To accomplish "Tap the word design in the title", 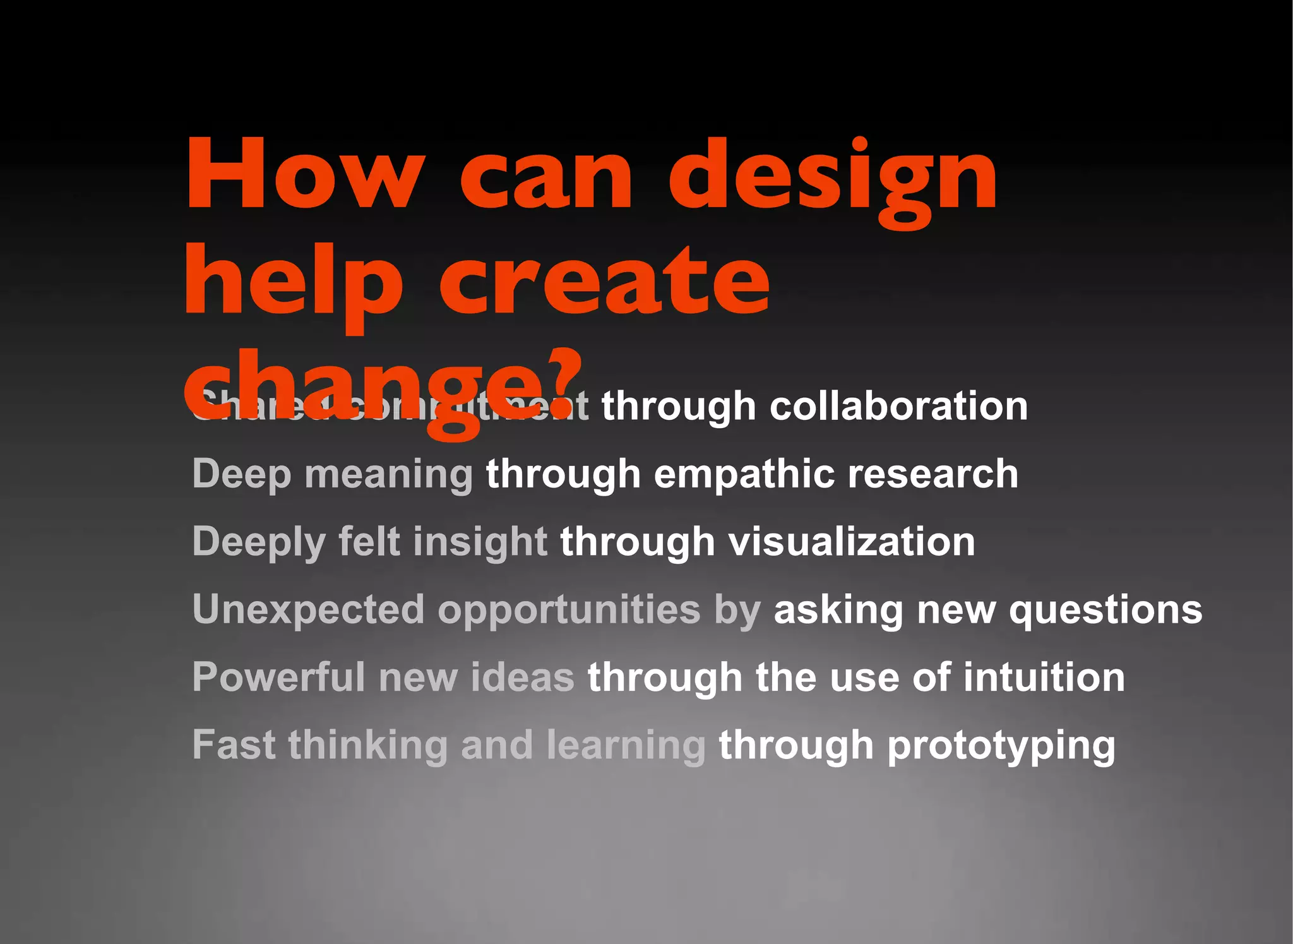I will tap(832, 180).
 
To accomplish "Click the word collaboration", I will tap(898, 405).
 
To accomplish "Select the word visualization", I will tap(852, 542).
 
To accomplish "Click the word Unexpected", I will tap(308, 610).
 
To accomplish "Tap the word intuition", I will tap(1044, 678).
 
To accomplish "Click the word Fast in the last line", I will tap(234, 745).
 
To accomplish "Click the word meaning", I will tap(388, 475).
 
